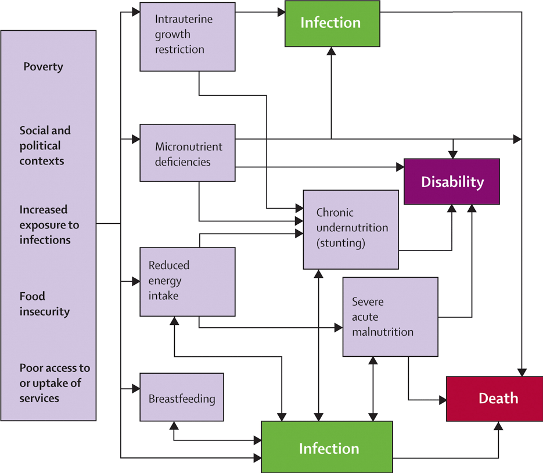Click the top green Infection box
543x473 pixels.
coord(332,23)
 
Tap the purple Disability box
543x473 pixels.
coord(452,181)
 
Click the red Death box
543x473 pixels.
coord(494,399)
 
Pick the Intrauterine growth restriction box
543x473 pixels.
coord(188,37)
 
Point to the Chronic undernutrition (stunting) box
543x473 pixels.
coord(351,229)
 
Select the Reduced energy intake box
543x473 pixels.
coord(188,281)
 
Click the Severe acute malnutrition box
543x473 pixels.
coord(390,317)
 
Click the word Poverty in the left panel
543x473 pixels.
coord(43,67)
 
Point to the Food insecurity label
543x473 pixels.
coord(44,304)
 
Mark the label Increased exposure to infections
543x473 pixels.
coord(49,225)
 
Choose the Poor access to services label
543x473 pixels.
coord(55,384)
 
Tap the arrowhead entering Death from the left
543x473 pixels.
coord(442,400)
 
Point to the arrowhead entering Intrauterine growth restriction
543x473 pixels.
coord(136,11)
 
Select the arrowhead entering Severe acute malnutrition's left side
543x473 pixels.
coord(339,328)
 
